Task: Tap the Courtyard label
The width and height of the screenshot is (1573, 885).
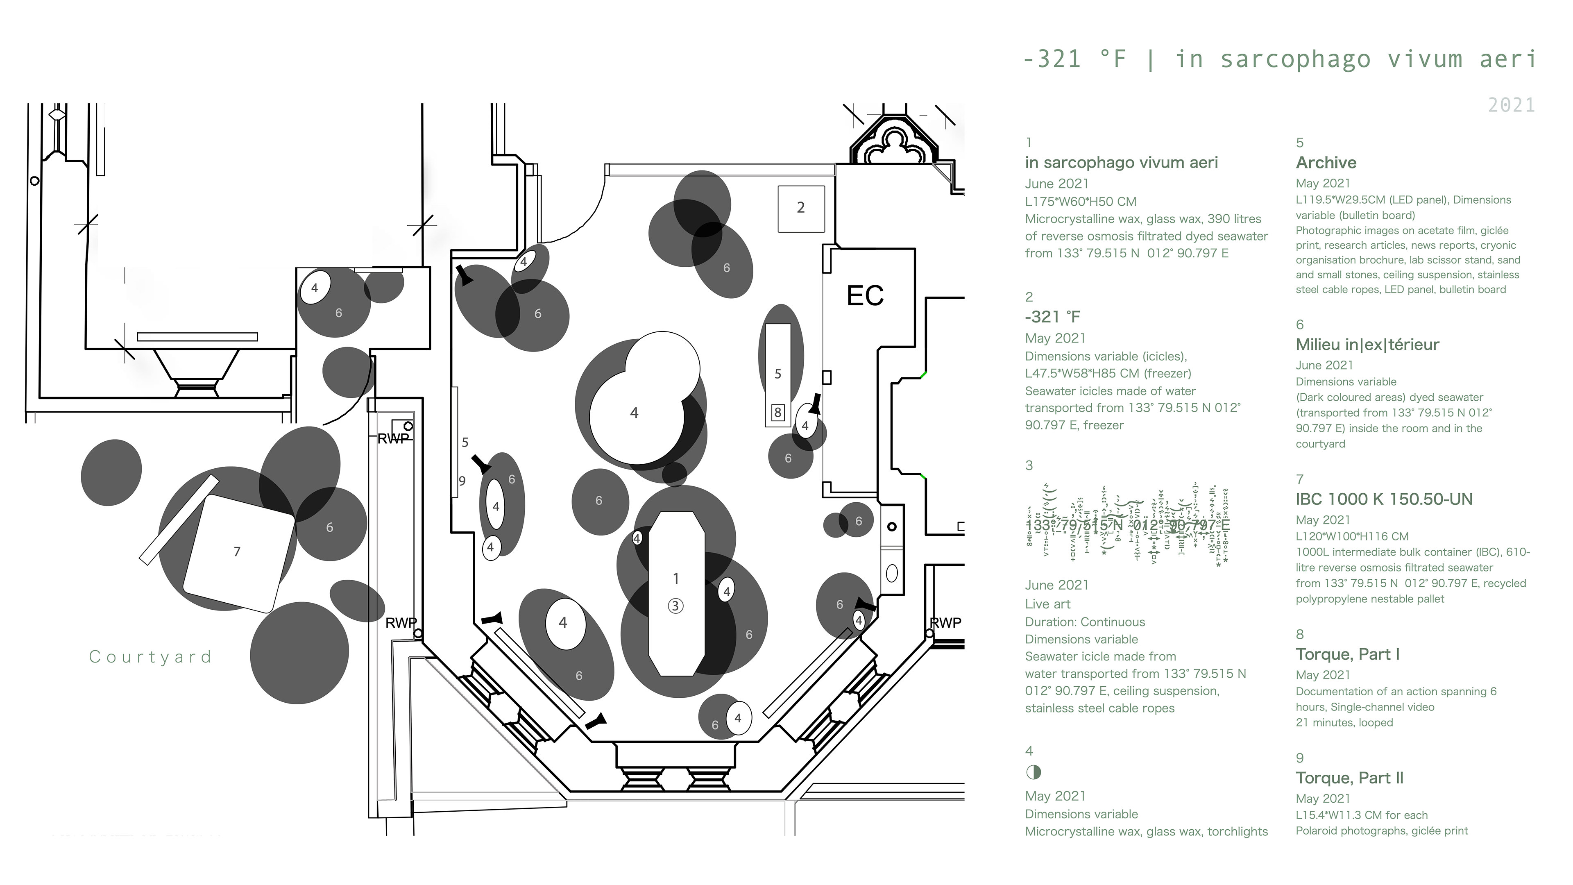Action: click(150, 657)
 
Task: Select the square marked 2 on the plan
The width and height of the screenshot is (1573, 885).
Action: click(800, 209)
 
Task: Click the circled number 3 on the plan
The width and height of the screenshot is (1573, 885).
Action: click(675, 606)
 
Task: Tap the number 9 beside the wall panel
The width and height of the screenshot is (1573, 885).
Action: click(462, 481)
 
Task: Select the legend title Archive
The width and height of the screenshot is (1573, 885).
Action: click(1326, 163)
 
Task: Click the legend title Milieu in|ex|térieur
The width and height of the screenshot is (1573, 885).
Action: click(1367, 345)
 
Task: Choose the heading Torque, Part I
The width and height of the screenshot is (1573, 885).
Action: click(1347, 655)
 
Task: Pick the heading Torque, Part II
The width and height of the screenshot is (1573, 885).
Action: click(1349, 778)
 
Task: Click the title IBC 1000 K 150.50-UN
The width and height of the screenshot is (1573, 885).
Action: click(1384, 499)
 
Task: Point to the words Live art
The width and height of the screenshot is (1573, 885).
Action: click(1048, 604)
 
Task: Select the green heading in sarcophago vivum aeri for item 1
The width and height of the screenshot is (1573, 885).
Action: click(1121, 163)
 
